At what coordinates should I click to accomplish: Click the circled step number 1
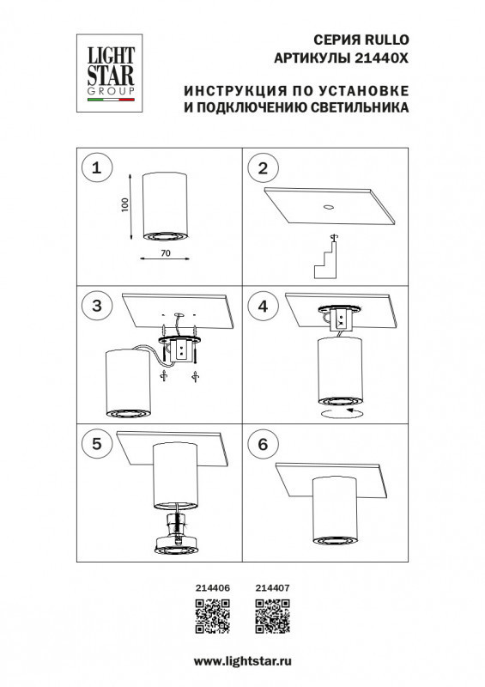(96, 168)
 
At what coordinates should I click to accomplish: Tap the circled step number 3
(96, 305)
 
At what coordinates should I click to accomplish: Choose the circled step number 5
(96, 444)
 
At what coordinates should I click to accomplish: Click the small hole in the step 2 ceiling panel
(329, 207)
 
